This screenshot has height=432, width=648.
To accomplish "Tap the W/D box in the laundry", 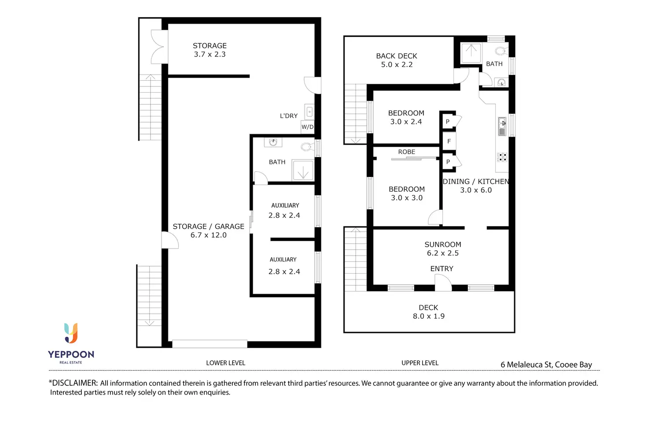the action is point(308,127).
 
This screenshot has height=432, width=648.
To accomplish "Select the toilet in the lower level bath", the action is point(307,147).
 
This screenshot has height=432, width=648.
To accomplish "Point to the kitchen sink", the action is point(502,126).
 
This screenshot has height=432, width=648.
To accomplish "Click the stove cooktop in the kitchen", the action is point(502,157).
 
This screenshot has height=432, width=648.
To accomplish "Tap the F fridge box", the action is point(449,142).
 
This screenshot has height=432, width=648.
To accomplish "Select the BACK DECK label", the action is point(397,56).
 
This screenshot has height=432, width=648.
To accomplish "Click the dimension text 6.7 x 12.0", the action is point(208,235).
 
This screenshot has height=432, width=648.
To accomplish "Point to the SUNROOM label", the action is point(443,245).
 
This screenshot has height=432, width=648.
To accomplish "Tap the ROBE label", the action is point(407,152).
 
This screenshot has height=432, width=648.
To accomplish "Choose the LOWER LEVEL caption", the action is point(225,363).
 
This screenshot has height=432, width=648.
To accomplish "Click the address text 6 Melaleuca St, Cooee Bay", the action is point(546,365).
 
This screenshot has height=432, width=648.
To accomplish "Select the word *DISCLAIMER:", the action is point(73,383).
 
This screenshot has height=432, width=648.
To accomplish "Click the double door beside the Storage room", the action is point(159,47).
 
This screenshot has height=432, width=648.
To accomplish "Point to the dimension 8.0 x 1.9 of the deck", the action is point(428,317).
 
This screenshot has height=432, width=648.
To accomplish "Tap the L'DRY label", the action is point(289,116).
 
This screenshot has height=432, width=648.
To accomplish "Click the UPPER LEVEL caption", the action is point(420,363).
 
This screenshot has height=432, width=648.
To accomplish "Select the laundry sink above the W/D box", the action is point(309,112).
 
